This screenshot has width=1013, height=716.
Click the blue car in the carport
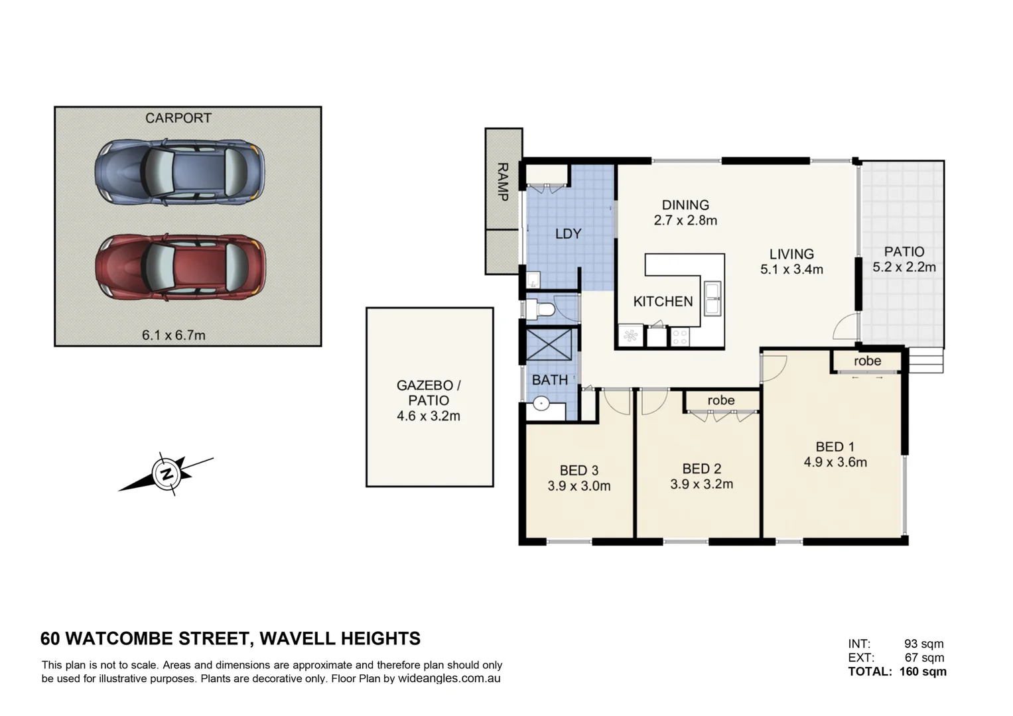click(x=179, y=171)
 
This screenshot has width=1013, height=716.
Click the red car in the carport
click(x=180, y=266)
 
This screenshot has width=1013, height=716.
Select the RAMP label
click(x=502, y=182)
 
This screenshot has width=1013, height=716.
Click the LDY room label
click(x=568, y=233)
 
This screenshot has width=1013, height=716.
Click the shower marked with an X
click(x=549, y=343)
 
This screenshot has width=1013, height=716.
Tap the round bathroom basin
click(x=541, y=402)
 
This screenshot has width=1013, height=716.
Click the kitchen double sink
click(x=712, y=298)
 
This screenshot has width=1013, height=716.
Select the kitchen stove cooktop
click(x=680, y=337)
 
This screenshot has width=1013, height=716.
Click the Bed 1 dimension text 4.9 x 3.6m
click(x=835, y=462)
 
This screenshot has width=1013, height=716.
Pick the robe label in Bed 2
click(x=720, y=400)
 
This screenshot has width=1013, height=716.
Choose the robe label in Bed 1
click(x=867, y=361)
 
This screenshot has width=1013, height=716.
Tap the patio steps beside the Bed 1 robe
click(x=925, y=362)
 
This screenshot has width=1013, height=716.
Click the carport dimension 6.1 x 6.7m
click(x=174, y=335)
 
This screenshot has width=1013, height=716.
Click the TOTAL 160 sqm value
click(x=923, y=672)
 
